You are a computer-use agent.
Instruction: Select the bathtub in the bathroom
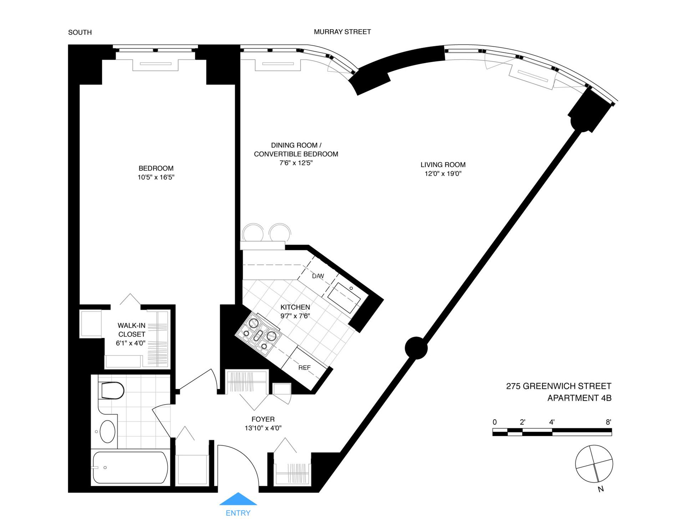tap(130, 468)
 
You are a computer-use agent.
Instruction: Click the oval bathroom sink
tap(107, 431)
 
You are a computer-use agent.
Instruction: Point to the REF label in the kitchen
tap(304, 368)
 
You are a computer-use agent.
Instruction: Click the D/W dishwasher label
tap(318, 276)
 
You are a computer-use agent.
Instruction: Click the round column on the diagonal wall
tap(416, 348)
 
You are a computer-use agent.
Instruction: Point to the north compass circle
tap(594, 464)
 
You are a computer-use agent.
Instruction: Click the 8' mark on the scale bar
tap(608, 422)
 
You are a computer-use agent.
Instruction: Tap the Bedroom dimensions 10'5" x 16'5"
tap(156, 177)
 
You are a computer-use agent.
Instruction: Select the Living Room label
tap(443, 165)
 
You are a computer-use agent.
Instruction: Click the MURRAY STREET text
tap(342, 32)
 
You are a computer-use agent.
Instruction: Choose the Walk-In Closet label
tap(132, 330)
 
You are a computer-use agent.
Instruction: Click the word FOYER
tap(263, 419)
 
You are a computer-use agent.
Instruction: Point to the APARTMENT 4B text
tap(579, 398)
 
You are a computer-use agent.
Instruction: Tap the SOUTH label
tap(80, 32)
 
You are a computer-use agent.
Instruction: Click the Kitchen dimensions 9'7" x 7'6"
tap(295, 316)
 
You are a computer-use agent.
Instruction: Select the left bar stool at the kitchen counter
tap(253, 232)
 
